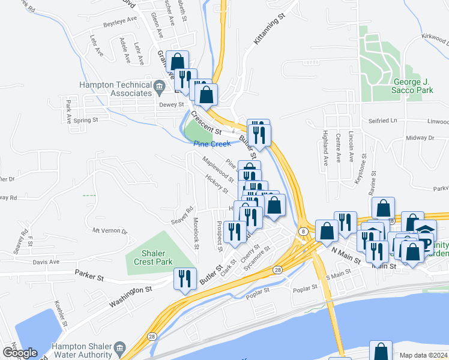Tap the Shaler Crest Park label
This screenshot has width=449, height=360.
[149, 257]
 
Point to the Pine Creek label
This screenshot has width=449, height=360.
[212, 144]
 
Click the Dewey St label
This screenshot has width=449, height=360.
[171, 104]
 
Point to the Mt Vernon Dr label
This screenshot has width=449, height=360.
[110, 231]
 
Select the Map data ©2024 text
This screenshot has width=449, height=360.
[423, 355]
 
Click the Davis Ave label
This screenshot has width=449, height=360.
[46, 262]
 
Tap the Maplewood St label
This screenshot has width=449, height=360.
[217, 170]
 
